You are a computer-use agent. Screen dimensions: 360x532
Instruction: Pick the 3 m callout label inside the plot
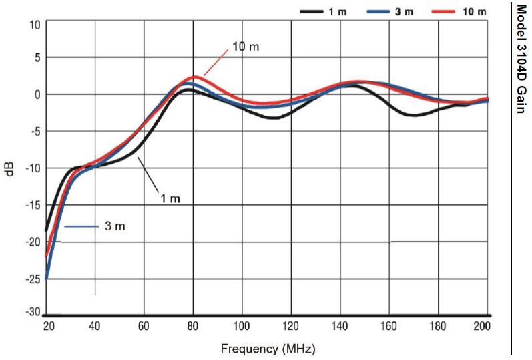[115, 226]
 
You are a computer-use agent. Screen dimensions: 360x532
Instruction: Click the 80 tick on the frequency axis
[193, 326]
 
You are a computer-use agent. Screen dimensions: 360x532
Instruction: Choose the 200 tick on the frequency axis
[483, 326]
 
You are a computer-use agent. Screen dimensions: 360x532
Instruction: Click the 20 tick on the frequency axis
[47, 326]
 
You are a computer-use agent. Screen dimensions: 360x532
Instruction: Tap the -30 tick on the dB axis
[31, 312]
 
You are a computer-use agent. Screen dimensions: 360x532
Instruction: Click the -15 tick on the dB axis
[31, 205]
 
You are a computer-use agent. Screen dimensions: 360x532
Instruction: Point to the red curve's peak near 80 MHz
[193, 77]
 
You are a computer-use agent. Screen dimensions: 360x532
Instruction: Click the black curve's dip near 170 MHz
[415, 115]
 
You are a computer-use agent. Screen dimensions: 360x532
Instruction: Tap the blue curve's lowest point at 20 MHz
[47, 279]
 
